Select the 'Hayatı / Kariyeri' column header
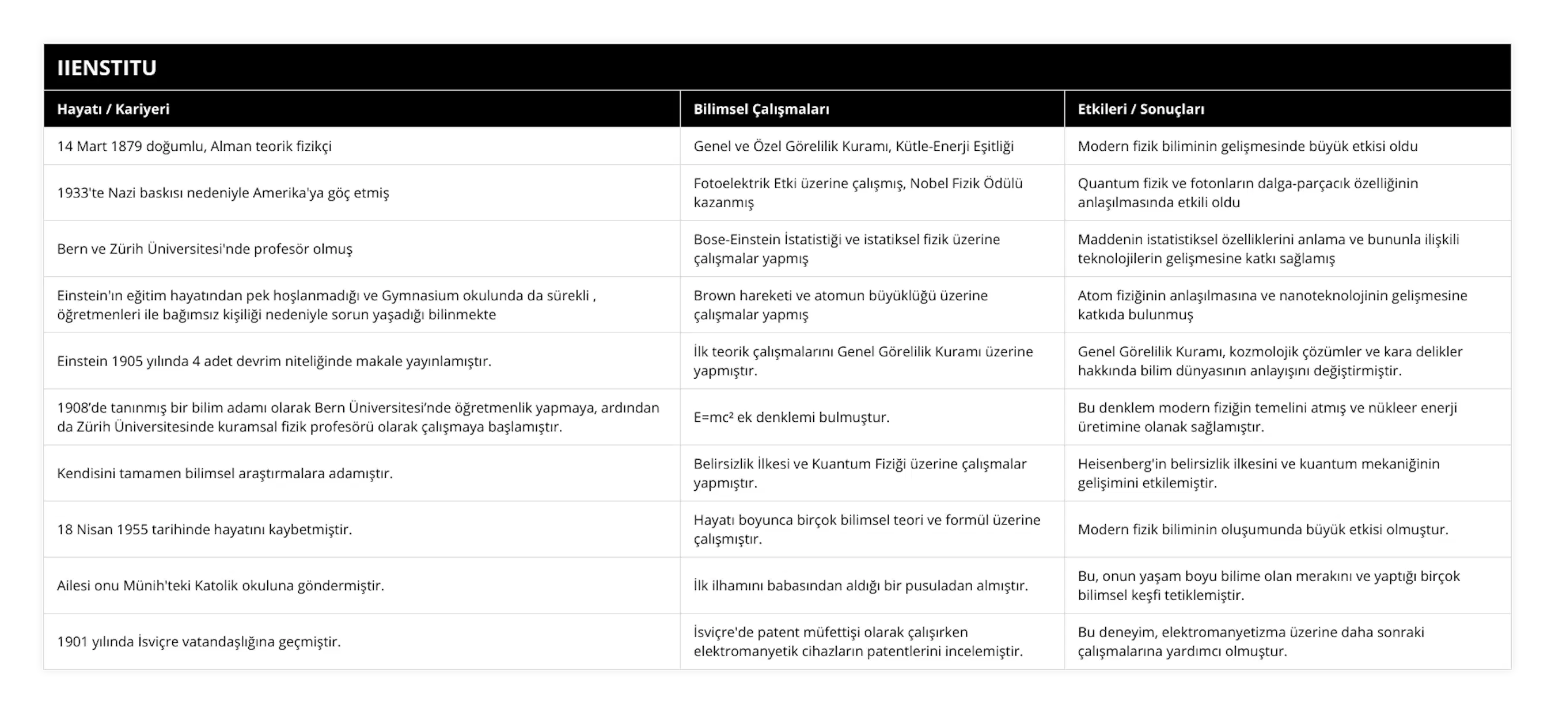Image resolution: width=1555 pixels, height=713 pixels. pos(113,109)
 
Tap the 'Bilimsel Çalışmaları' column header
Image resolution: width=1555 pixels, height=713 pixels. pos(761,109)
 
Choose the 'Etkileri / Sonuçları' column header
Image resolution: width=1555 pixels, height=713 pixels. pos(1140,109)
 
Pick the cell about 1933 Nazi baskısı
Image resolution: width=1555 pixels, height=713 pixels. pos(223,193)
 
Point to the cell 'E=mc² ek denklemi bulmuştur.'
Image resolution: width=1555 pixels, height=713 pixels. pos(791,417)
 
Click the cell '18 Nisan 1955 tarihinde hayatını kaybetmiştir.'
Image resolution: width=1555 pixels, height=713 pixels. pos(204,529)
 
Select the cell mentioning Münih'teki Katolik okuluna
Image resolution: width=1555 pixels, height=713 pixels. pos(221,586)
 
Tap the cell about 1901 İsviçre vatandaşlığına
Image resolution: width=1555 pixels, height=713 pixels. pos(199,642)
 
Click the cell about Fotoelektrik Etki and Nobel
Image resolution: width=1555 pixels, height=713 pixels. pos(857,192)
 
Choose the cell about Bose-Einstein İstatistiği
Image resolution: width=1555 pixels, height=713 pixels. pos(845,249)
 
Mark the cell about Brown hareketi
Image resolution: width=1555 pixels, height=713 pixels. pos(840,304)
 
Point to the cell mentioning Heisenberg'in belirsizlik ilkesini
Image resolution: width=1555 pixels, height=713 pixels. pos(1258,473)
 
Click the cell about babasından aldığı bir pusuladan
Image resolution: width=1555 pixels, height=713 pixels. pos(860,586)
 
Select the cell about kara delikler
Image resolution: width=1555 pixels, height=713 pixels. pos(1269,361)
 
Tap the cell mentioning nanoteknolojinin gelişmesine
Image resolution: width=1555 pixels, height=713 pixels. pos(1272,304)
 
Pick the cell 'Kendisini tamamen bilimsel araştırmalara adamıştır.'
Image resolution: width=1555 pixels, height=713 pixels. pos(225,474)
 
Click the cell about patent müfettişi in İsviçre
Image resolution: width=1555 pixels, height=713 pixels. pos(857,641)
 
